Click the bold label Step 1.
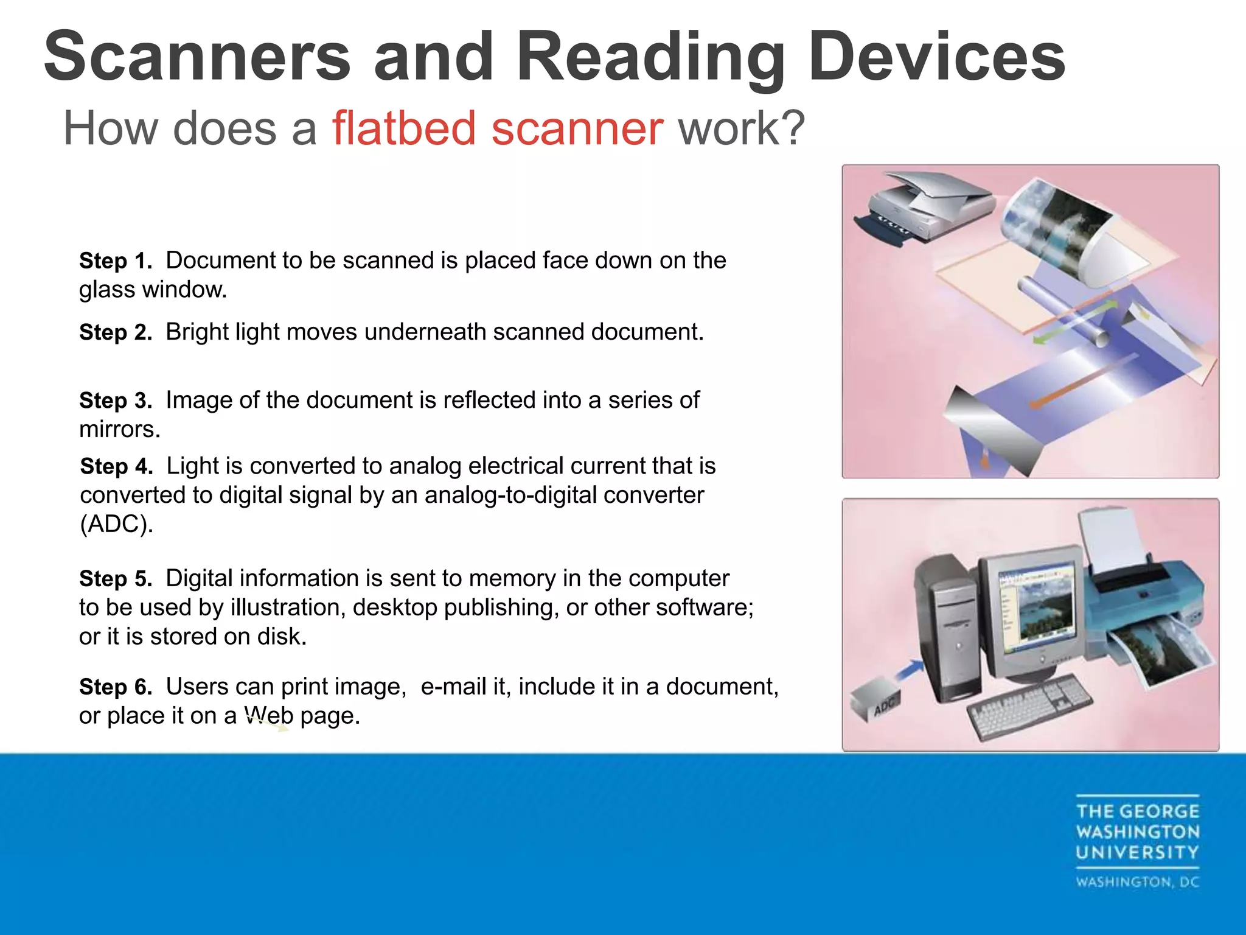116,261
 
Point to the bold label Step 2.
116,332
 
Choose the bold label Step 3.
116,401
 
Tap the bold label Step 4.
116,466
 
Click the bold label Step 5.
116,578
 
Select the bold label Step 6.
116,687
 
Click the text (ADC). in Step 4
116,524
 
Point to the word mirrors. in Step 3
120,430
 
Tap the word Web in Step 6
268,716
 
